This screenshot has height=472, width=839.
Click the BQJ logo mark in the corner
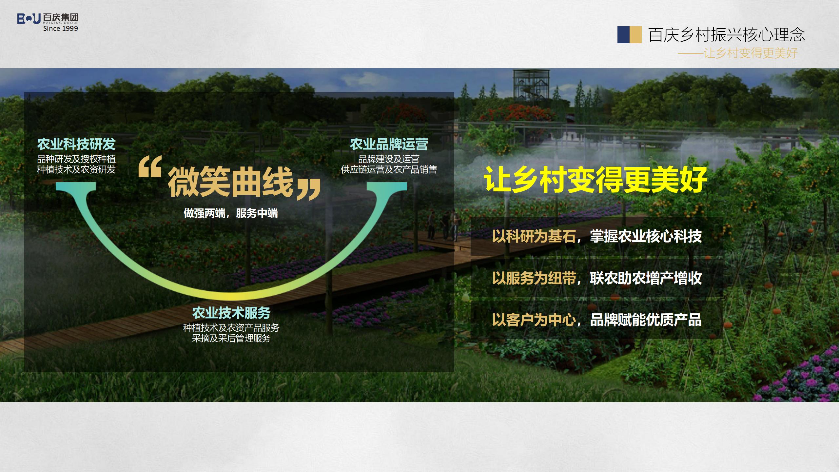click(x=29, y=19)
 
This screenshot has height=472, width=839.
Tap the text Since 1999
click(x=61, y=29)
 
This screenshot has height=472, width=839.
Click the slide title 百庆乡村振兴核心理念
click(x=726, y=35)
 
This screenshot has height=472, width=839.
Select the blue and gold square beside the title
click(x=629, y=35)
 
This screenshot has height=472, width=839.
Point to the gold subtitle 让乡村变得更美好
click(x=751, y=53)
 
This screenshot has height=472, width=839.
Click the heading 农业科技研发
click(x=76, y=144)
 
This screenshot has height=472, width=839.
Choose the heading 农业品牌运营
click(x=389, y=144)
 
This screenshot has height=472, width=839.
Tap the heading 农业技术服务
click(x=231, y=313)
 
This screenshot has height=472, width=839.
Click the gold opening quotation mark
click(x=150, y=167)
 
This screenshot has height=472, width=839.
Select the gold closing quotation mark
click(x=308, y=189)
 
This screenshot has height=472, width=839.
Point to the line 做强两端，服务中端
click(x=230, y=213)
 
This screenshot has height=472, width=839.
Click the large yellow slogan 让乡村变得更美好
click(x=595, y=180)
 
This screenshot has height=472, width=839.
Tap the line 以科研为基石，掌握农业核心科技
click(x=596, y=236)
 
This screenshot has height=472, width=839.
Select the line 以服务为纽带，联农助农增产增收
click(x=596, y=278)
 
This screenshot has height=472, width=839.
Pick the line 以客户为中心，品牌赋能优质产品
click(x=596, y=320)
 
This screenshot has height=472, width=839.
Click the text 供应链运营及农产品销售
click(x=389, y=169)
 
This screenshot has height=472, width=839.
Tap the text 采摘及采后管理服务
click(x=231, y=338)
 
